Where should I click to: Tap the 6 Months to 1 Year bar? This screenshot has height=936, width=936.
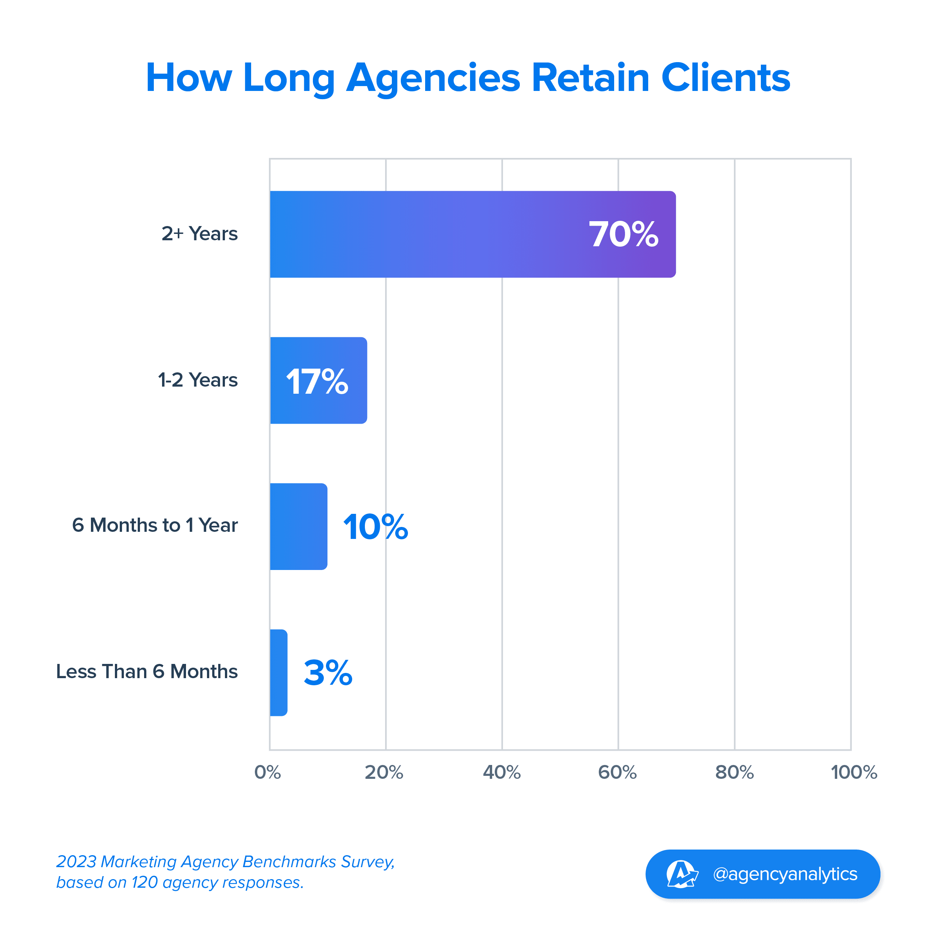(298, 526)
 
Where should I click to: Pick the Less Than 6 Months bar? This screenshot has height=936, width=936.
(278, 673)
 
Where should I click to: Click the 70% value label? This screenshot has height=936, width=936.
(623, 235)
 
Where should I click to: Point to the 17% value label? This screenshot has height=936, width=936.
(317, 381)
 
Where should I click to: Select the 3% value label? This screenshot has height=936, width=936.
(328, 673)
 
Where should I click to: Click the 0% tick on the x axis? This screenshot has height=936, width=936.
(268, 772)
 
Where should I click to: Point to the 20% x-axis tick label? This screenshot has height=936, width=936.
(384, 772)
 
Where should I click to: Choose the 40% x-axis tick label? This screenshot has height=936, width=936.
(501, 772)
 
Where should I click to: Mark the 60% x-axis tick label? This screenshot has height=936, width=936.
(617, 772)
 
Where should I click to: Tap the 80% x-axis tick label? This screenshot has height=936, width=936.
(734, 772)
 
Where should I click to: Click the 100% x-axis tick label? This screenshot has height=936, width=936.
(854, 772)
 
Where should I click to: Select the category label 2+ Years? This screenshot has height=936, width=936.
(199, 234)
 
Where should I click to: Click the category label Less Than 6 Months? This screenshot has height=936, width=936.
(147, 671)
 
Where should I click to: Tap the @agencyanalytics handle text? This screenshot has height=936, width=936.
(785, 874)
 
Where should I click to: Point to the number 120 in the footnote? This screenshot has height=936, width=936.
(144, 883)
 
